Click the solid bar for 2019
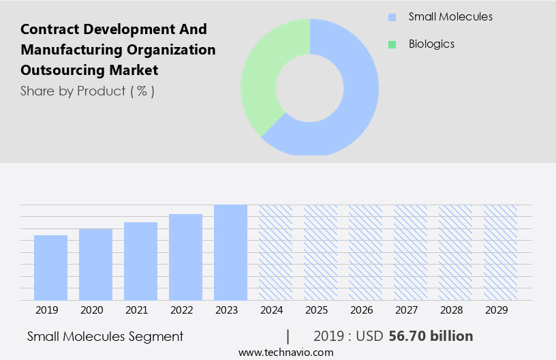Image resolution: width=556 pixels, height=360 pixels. coord(50,267)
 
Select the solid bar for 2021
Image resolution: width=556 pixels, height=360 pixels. coord(140,261)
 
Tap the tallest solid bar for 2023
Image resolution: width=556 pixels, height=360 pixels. coord(230,252)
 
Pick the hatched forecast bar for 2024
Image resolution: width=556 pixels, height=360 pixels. coord(275,252)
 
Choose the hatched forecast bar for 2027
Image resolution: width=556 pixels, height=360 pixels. coord(410,252)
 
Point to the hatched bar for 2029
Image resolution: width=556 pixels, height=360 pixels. coord(500,252)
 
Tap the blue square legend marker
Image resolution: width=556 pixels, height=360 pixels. coord(392,17)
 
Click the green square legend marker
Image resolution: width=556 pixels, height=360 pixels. coord(392,44)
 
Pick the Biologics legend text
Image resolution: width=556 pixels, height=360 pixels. coord(431,44)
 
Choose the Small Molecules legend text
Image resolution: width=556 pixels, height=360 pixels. coord(450,16)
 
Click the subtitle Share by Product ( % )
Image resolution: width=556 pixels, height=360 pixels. coord(87,91)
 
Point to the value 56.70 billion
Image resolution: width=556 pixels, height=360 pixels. coord(431,336)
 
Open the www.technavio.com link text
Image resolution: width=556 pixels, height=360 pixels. coord(285,352)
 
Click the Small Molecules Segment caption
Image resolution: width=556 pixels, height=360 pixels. coord(105,336)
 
